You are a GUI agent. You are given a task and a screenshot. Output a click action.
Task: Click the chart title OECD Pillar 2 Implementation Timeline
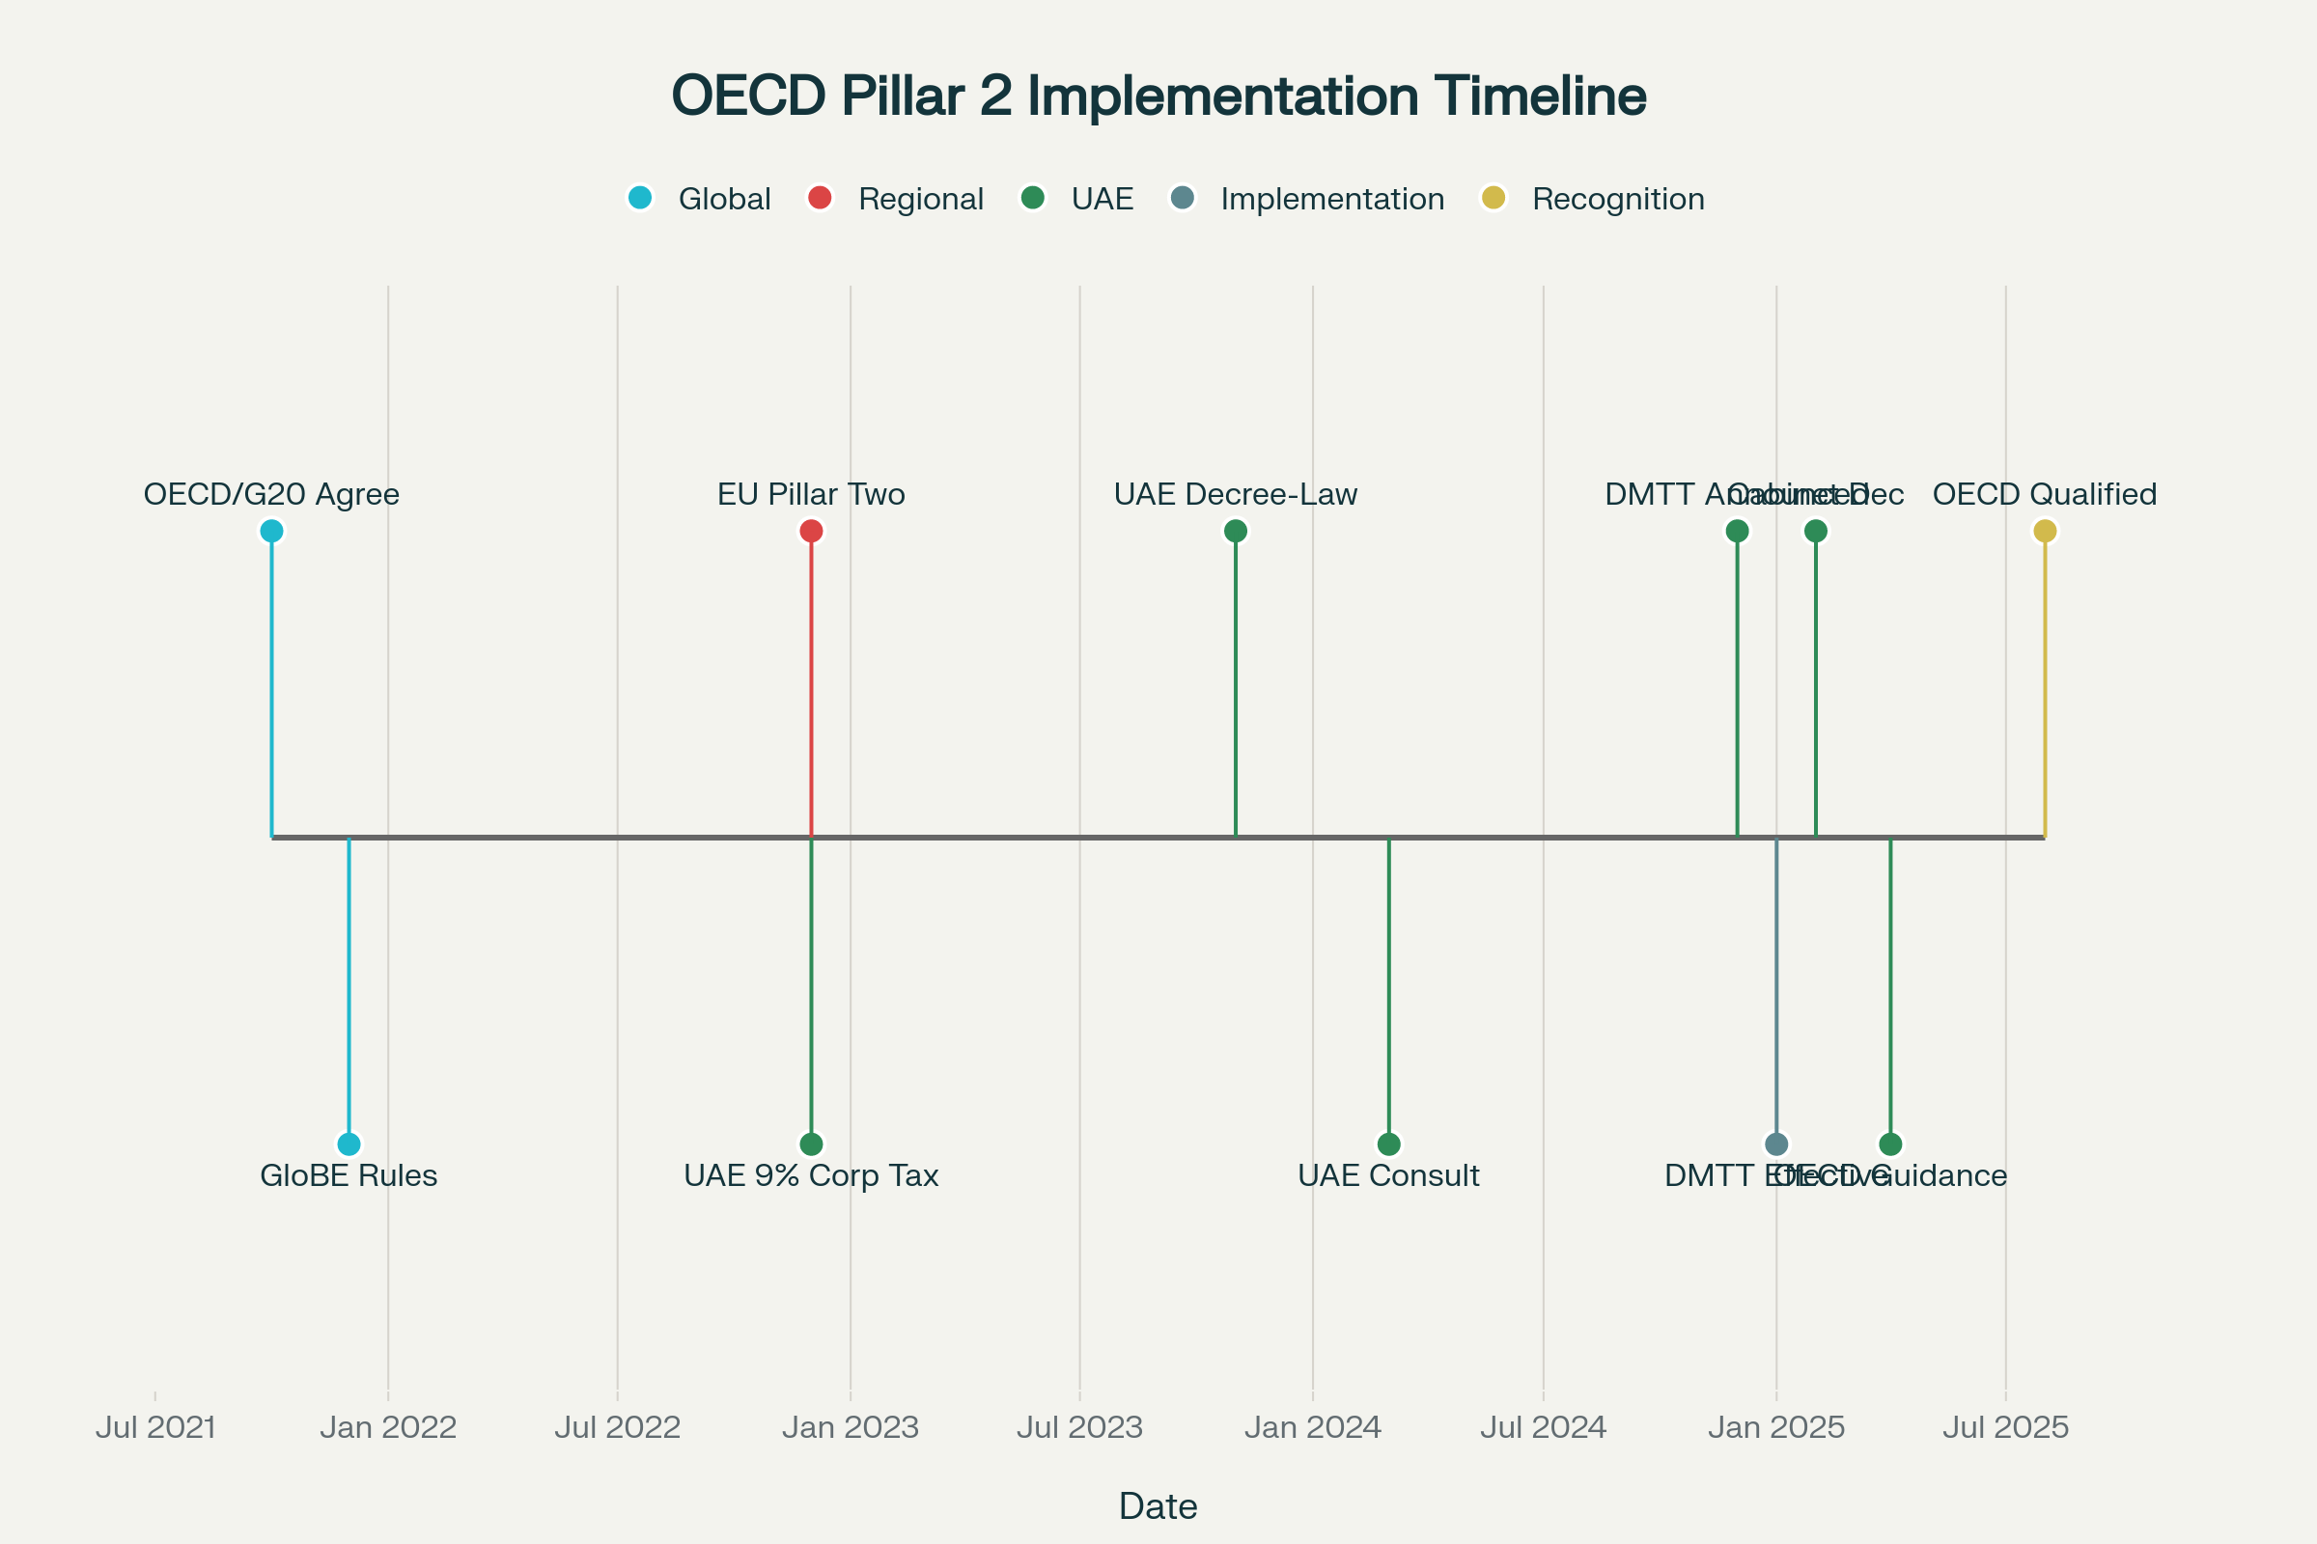(1158, 96)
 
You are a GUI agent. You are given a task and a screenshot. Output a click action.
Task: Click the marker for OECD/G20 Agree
(272, 531)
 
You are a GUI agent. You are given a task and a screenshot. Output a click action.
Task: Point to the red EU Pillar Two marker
(811, 531)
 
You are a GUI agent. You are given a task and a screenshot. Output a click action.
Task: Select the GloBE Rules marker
(349, 1144)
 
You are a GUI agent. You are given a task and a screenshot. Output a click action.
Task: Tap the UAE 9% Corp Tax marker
(811, 1144)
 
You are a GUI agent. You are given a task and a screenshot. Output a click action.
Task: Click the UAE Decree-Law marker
(1236, 531)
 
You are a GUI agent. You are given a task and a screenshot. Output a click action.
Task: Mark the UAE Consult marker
(1388, 1144)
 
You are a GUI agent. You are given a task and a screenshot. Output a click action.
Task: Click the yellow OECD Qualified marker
(2045, 531)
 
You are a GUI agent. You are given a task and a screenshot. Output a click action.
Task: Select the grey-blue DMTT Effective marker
(1776, 1144)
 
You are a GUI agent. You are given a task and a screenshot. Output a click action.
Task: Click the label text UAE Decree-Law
(1236, 494)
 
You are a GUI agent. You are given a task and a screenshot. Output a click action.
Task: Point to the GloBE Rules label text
(349, 1175)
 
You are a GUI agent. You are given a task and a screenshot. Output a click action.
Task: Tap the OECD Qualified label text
(2045, 494)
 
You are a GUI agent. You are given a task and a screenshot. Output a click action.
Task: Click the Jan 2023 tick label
(851, 1428)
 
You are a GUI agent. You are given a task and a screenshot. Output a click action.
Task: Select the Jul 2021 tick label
(155, 1428)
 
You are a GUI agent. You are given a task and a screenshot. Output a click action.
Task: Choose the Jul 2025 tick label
(2006, 1428)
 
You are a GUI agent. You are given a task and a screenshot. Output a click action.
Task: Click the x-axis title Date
(1158, 1506)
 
